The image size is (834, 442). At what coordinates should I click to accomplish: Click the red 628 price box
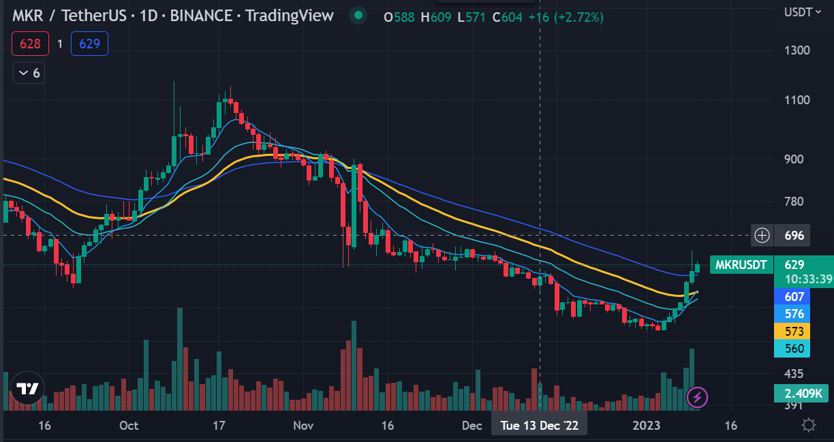pos(30,44)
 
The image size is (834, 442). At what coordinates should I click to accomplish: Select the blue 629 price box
pos(89,44)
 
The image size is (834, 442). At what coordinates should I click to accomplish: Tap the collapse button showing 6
pos(29,73)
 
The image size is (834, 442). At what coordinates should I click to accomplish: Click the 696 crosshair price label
pos(794,236)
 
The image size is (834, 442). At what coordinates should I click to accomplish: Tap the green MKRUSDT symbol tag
pos(741,264)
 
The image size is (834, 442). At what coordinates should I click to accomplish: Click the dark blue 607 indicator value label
pos(794,297)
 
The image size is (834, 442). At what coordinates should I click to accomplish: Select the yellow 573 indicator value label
pos(794,332)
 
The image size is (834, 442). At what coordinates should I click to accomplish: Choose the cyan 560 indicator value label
pos(794,349)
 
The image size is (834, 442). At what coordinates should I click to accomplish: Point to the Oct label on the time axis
pos(128,426)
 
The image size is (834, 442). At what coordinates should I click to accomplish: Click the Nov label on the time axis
pos(303,426)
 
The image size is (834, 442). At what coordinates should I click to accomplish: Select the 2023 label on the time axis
pos(646,426)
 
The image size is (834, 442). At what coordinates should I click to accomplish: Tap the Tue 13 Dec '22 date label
pos(539,426)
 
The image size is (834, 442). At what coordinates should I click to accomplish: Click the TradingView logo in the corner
pos(27,389)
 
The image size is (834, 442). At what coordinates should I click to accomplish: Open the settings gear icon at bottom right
pos(809,426)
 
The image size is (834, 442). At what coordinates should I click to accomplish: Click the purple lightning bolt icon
pos(696,396)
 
